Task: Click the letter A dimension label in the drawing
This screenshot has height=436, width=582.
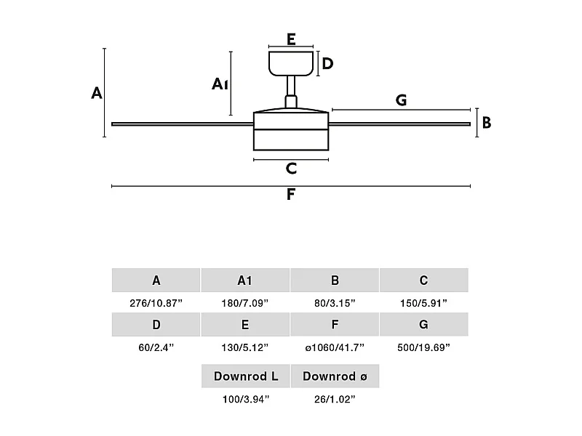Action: click(x=97, y=93)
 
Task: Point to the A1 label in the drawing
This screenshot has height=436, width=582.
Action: click(x=220, y=85)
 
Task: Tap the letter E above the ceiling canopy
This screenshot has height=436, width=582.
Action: click(x=291, y=39)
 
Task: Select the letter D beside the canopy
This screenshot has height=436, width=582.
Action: click(x=327, y=64)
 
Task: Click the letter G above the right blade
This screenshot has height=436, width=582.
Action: click(x=401, y=100)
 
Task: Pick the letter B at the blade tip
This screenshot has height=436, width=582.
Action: click(x=487, y=123)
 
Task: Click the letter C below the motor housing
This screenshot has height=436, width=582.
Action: click(x=291, y=169)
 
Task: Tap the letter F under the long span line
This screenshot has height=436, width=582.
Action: click(x=291, y=195)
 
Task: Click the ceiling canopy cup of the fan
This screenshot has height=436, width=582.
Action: click(x=290, y=63)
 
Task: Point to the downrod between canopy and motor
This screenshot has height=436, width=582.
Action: click(x=291, y=91)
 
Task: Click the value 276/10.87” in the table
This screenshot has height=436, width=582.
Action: click(x=156, y=303)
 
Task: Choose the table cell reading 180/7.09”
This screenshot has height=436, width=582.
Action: click(x=245, y=303)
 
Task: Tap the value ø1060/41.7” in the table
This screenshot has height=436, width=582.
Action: click(x=335, y=347)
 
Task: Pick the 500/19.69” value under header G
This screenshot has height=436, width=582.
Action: click(x=423, y=347)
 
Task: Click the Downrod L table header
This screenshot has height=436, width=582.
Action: click(x=246, y=376)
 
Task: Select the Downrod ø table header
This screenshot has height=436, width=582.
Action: click(x=335, y=376)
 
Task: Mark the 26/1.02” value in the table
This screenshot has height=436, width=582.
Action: click(x=335, y=399)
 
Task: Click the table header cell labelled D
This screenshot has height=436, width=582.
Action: click(x=156, y=325)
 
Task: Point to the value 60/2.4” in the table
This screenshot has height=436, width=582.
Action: click(x=156, y=347)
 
